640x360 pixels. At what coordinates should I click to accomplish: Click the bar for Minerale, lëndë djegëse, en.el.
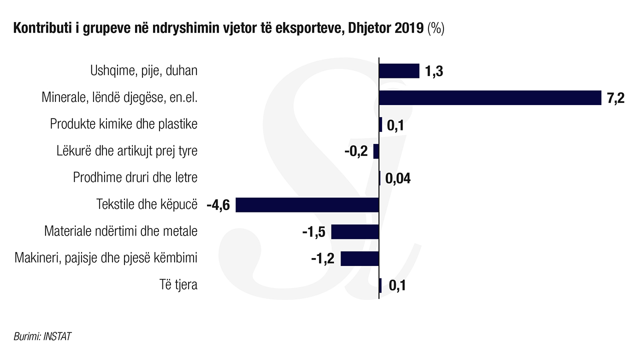point(490,98)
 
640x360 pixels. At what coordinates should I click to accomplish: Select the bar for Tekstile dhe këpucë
point(307,205)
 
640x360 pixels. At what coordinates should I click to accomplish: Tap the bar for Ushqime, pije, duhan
point(399,71)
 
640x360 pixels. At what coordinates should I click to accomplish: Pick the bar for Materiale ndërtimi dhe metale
point(355,232)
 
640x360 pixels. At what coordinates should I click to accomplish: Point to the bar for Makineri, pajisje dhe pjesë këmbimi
point(359,259)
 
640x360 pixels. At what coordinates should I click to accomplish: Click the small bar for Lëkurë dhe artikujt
point(376,151)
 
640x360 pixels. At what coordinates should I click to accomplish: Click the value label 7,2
point(616,98)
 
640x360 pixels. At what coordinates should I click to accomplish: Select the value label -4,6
point(218,205)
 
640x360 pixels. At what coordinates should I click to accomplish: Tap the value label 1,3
point(434,71)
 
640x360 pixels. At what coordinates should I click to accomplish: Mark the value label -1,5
point(314,232)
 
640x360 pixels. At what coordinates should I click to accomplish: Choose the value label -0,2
point(356,152)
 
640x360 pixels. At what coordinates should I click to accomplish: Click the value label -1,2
point(323,259)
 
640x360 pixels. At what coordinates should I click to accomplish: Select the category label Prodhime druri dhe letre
point(135,178)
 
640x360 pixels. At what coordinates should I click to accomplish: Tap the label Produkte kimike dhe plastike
point(123,124)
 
